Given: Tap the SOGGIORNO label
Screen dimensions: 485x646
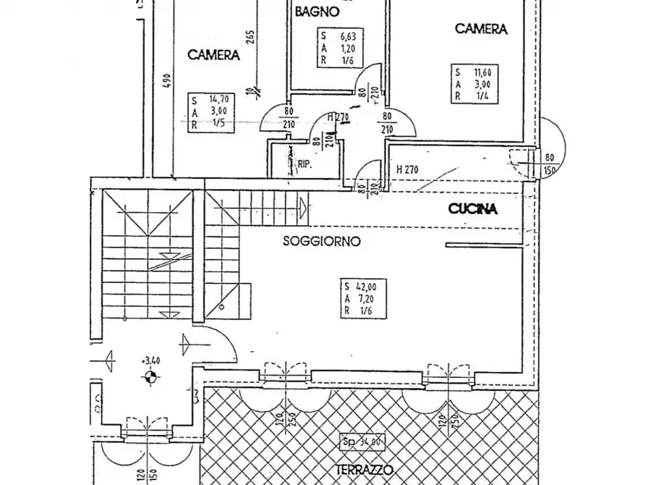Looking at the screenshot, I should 322,242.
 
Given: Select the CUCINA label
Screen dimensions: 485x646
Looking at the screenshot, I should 473,210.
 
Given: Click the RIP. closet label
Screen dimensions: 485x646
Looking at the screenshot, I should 304,165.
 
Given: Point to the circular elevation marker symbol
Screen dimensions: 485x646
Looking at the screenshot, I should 150,375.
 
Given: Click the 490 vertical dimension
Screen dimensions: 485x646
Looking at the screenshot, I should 166,81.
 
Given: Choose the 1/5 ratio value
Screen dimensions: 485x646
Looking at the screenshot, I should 216,124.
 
